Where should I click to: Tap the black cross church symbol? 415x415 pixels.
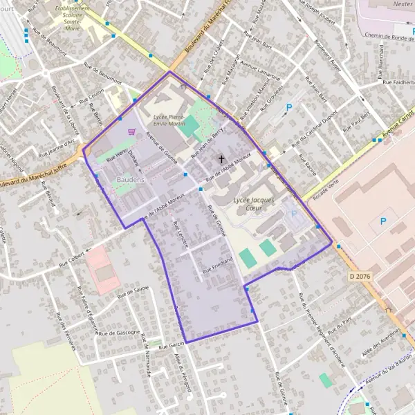[x=222, y=159]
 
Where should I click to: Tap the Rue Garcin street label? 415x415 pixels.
[x=171, y=344]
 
